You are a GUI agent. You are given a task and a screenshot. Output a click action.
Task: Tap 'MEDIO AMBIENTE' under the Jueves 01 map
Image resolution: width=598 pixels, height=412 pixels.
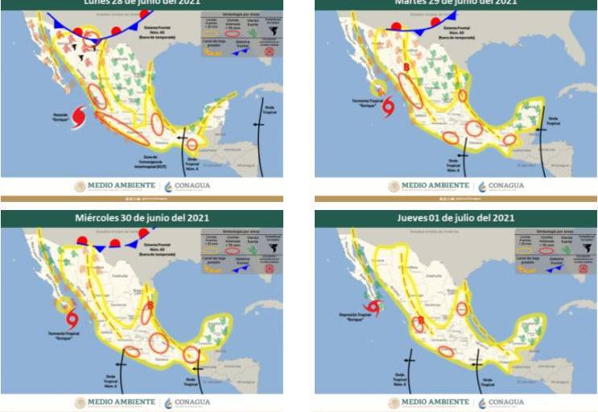coord(435,402)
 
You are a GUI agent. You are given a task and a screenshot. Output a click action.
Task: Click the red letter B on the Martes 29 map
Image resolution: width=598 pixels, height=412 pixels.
coord(407,67)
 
